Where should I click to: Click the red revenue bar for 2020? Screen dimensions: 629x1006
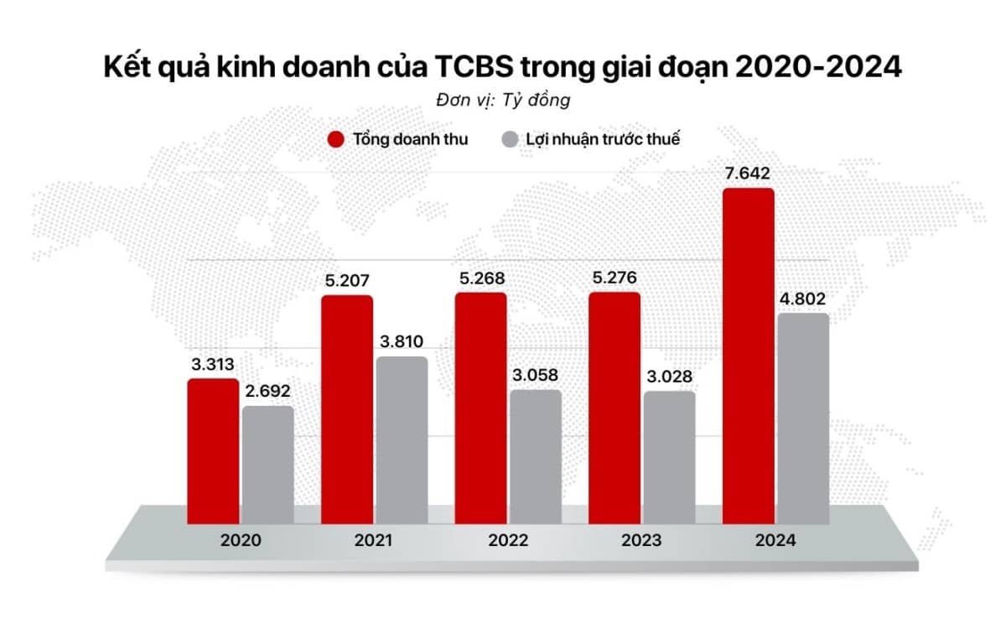tap(213, 453)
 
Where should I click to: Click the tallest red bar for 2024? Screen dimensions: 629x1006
tap(748, 357)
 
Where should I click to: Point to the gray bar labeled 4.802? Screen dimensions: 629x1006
tap(802, 420)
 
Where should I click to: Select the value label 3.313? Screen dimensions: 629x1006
tap(211, 364)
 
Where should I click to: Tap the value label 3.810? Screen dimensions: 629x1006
tap(402, 341)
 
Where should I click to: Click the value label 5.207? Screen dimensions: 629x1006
tap(347, 280)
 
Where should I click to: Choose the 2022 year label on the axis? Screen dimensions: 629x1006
tap(508, 541)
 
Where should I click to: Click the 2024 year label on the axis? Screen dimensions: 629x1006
tap(775, 541)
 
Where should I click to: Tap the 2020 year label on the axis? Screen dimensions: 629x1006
tap(241, 541)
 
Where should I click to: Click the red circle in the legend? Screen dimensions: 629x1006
tap(336, 140)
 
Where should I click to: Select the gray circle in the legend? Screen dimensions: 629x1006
tap(509, 140)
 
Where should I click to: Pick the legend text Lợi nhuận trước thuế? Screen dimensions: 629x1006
tap(603, 140)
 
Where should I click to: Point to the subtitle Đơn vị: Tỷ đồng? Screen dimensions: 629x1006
tap(503, 100)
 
